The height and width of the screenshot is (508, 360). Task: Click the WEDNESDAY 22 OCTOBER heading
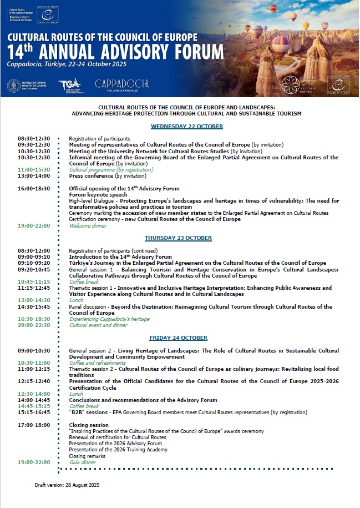[x=187, y=127]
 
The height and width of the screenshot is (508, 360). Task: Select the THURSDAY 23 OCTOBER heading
[x=179, y=238]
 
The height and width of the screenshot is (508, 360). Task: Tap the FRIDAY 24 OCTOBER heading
[x=179, y=338]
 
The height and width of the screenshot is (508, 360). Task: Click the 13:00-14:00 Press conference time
[x=34, y=176]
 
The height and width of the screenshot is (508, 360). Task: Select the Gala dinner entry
[x=82, y=462]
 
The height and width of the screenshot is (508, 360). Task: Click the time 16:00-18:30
[x=34, y=189]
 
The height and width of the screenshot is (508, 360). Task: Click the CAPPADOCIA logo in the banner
[x=121, y=84]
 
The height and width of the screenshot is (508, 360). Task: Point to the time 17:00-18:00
[x=34, y=425]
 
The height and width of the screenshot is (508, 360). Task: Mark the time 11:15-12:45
[x=34, y=288]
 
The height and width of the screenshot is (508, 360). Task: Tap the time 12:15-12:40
[x=34, y=381]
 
